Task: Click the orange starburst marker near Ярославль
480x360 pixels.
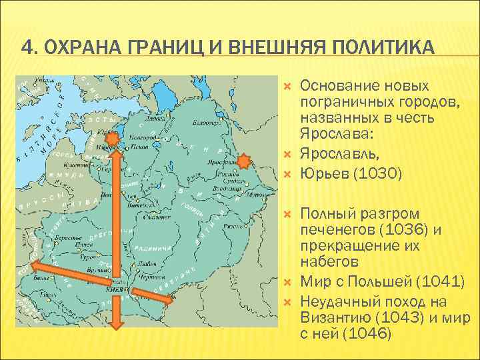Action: point(244,162)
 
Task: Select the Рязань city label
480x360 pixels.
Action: point(235,227)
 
